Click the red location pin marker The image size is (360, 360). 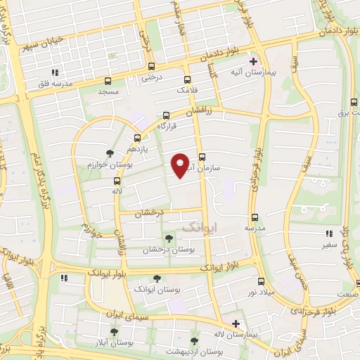pos(181,165)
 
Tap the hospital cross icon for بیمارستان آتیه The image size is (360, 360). pos(253,62)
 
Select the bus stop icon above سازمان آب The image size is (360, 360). pos(202,157)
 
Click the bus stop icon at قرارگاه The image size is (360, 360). pos(167,115)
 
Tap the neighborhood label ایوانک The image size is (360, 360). pos(200,227)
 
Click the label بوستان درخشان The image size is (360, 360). pos(169,250)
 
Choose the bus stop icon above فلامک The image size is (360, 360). pos(187,79)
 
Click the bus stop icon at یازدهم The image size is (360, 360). pos(137,138)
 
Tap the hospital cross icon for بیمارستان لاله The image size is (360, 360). pos(236,323)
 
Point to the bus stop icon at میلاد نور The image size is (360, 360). pos(261,281)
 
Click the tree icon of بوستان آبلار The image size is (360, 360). pos(114,332)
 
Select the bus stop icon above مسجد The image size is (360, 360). pos(108,81)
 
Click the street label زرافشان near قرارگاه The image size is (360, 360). pos(204,111)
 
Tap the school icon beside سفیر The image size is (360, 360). pos(328,234)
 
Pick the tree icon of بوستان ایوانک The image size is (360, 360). pos(156,278)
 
